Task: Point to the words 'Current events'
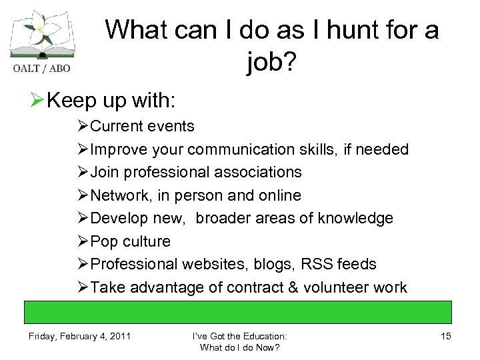142,126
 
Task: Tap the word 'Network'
116,195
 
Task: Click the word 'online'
279,195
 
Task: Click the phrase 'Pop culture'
130,241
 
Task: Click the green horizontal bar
239,312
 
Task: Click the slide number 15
445,336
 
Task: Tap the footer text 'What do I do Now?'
239,347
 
